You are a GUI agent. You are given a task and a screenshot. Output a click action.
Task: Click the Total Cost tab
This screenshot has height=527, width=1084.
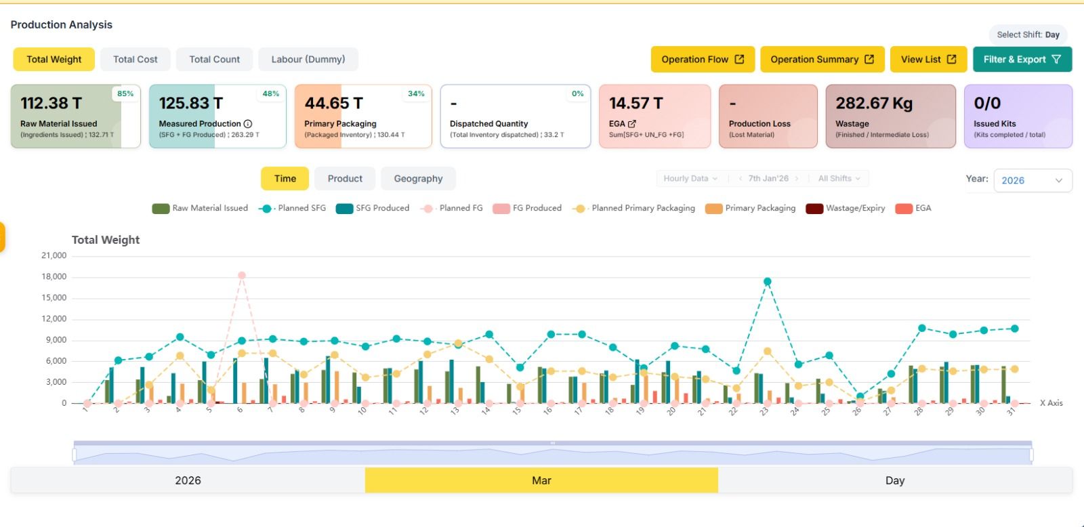(x=135, y=60)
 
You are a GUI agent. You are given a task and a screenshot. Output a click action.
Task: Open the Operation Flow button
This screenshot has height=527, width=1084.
(x=702, y=60)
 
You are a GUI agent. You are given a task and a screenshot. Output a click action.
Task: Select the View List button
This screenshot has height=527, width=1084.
(x=927, y=60)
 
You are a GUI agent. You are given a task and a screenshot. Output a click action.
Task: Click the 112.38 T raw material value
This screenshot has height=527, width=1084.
(x=51, y=103)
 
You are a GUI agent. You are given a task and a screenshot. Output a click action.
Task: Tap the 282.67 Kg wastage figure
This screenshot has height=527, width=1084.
(x=873, y=103)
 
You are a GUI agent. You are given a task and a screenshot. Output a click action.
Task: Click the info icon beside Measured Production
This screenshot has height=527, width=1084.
(x=248, y=124)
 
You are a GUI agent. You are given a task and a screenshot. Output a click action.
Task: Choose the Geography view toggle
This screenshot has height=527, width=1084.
(x=418, y=179)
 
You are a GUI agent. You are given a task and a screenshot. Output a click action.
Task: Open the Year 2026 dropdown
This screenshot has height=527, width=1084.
(x=1032, y=180)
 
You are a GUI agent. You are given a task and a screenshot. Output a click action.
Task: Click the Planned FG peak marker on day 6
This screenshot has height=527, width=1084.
(x=242, y=276)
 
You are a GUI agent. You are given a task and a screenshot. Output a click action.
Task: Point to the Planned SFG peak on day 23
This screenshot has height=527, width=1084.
(x=767, y=282)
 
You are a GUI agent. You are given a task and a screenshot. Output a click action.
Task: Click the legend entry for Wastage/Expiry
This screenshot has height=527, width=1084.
(x=846, y=208)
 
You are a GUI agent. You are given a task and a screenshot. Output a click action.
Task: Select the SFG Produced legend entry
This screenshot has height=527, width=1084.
(x=373, y=208)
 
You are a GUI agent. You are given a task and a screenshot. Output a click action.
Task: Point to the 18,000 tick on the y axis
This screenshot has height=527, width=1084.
(x=54, y=276)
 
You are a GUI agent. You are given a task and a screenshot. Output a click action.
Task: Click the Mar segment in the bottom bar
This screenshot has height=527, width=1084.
(x=541, y=480)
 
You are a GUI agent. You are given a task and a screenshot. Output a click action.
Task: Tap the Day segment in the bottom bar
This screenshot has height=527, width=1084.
(x=894, y=480)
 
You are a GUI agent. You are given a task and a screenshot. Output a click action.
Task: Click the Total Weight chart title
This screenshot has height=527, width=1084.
(x=106, y=240)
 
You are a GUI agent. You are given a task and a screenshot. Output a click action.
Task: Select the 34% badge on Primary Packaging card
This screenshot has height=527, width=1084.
(x=416, y=93)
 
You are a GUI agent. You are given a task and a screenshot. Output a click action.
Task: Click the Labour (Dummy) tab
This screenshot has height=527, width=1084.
(x=308, y=60)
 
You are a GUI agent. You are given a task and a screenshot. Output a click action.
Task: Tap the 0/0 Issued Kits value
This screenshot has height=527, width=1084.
(x=986, y=103)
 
